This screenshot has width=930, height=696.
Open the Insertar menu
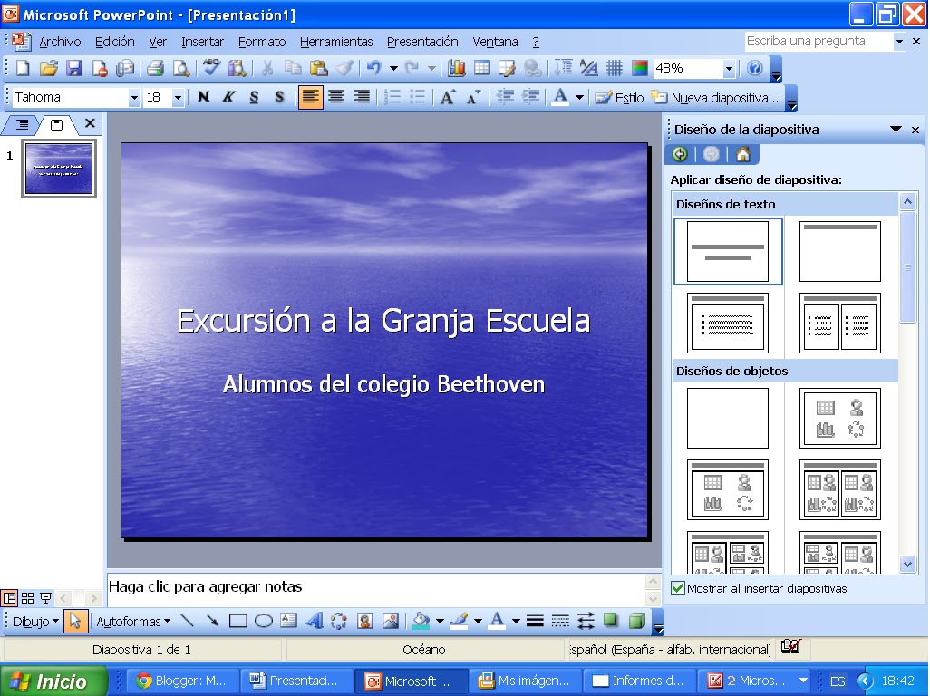click(202, 42)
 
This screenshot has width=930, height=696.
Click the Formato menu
click(262, 42)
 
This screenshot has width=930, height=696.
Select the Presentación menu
click(422, 42)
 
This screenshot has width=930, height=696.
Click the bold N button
click(204, 98)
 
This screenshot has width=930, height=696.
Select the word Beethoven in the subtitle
click(490, 384)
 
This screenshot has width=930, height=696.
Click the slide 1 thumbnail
click(59, 168)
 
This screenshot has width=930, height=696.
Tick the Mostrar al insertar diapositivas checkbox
click(678, 589)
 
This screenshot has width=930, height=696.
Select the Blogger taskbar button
click(182, 681)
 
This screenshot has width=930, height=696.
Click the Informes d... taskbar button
click(639, 681)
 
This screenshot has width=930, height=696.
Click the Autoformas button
click(132, 622)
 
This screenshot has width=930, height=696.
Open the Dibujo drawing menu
click(34, 622)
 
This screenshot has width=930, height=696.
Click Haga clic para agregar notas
click(206, 587)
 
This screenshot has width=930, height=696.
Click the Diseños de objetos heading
click(731, 372)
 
